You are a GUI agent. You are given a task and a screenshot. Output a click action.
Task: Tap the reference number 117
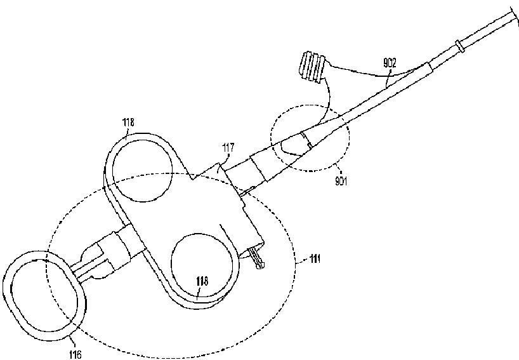[228, 148]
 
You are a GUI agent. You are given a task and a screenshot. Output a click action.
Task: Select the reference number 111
[314, 259]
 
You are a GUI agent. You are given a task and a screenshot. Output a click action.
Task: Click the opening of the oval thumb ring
[42, 296]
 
